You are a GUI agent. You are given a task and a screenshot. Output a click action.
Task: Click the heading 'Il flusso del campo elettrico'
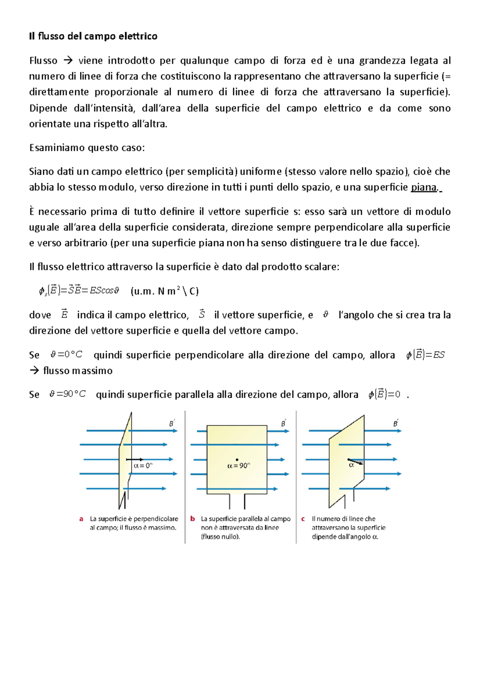click(x=93, y=36)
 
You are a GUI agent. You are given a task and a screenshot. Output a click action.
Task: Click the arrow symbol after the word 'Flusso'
click(x=68, y=61)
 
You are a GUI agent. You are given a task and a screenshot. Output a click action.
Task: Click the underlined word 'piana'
click(x=424, y=188)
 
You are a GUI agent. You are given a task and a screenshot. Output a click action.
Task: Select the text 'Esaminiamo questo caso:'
click(x=87, y=148)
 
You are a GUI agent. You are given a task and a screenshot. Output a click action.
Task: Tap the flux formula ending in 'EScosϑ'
click(x=79, y=291)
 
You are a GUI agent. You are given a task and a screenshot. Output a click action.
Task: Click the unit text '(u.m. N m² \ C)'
click(x=164, y=291)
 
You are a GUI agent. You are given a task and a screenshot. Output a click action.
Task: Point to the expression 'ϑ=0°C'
click(x=66, y=355)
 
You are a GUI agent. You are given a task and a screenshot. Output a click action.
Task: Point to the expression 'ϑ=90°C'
click(x=67, y=394)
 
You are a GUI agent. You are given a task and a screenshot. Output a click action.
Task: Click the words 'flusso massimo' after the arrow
click(x=78, y=371)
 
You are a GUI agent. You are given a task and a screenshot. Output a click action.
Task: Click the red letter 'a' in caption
click(x=81, y=519)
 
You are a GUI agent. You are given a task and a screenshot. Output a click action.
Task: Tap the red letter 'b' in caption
click(x=192, y=519)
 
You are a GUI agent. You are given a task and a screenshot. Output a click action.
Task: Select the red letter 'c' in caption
click(x=303, y=519)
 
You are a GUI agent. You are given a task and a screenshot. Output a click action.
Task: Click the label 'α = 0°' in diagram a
click(x=143, y=466)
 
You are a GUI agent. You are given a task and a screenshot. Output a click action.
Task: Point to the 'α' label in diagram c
click(x=351, y=465)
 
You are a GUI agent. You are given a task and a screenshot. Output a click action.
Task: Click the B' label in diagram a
click(x=172, y=423)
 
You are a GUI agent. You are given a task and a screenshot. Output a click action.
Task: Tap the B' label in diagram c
click(x=396, y=423)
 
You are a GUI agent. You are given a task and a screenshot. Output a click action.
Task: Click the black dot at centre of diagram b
click(x=237, y=460)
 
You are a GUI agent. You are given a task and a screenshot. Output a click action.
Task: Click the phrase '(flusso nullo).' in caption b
click(x=220, y=537)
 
